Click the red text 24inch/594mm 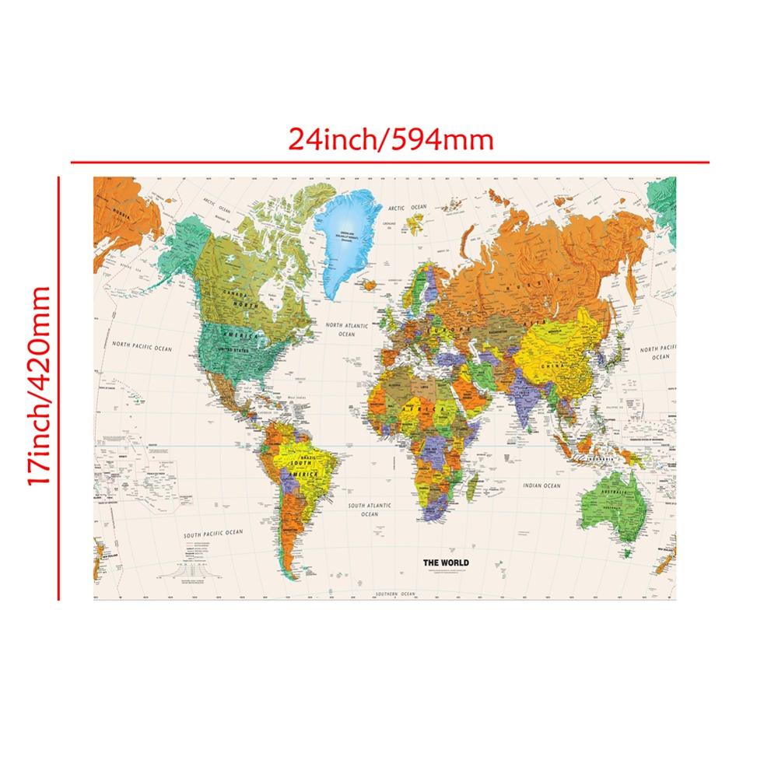391,140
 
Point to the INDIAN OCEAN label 542,486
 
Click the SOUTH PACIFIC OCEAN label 213,534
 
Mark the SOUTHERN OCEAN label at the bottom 394,594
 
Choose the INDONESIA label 601,457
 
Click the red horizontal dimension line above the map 389,163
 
